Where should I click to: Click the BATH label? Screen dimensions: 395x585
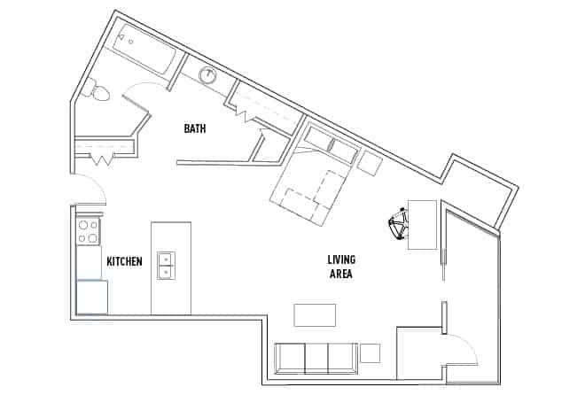195,128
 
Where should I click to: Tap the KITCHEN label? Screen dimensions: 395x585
124,261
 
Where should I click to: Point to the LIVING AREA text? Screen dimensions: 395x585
340,267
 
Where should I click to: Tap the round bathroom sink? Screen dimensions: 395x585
209,75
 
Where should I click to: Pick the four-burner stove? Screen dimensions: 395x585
88,232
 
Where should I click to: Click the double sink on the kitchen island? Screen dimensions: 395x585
166,265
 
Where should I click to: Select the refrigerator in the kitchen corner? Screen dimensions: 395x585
91,297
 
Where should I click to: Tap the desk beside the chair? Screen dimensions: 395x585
422,224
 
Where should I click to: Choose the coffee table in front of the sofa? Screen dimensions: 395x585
315,314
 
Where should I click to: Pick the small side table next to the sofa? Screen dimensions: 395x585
370,352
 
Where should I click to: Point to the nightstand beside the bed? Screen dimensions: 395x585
369,162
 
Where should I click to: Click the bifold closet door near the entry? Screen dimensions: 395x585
103,159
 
